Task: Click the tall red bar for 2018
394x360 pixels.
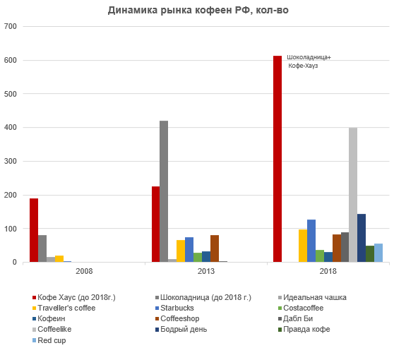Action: coord(277,159)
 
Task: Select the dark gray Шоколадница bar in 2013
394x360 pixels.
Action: coord(164,191)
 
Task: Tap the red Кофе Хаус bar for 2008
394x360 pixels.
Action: coord(34,230)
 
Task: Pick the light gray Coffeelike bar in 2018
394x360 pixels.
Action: coord(353,195)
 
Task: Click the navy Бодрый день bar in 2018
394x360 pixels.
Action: coord(362,238)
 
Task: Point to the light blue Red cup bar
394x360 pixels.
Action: coord(378,253)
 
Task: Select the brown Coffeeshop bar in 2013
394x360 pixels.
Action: coord(215,248)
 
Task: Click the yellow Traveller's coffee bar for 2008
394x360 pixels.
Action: coord(59,259)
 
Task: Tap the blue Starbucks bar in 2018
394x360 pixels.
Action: coord(311,241)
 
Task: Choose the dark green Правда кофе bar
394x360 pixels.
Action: coord(370,254)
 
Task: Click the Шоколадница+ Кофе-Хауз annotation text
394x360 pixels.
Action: coord(309,61)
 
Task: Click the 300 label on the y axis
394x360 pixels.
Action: coord(11,161)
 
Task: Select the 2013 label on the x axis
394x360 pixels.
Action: coord(206,271)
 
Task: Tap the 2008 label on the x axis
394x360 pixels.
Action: coord(84,271)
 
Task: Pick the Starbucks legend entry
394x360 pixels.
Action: coord(175,308)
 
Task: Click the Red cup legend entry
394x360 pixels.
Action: coord(49,340)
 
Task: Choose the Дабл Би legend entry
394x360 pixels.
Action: coord(295,318)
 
